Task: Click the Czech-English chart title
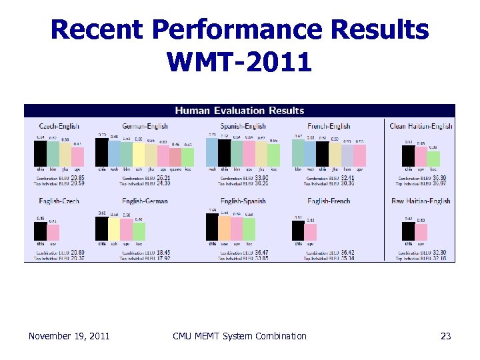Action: [59, 126]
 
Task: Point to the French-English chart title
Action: [329, 126]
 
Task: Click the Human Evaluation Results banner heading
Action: [239, 111]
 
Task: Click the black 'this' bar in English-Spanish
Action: [212, 226]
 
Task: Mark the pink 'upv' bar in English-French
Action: [310, 232]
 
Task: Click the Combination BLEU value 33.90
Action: [261, 179]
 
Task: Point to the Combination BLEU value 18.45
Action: [163, 253]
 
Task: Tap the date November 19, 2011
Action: [69, 336]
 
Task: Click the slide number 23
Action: [445, 336]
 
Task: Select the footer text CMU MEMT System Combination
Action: [239, 336]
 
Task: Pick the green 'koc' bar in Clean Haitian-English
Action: [433, 159]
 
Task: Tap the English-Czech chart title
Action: [59, 201]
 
